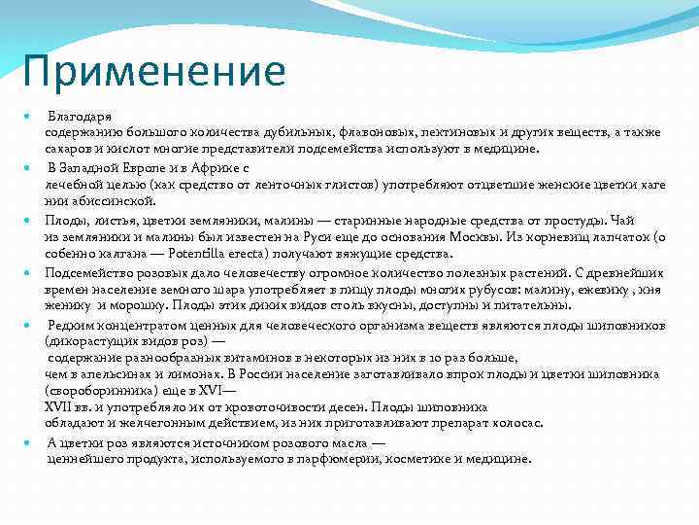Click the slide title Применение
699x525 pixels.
tap(156, 71)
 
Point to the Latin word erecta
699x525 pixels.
tap(256, 253)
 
